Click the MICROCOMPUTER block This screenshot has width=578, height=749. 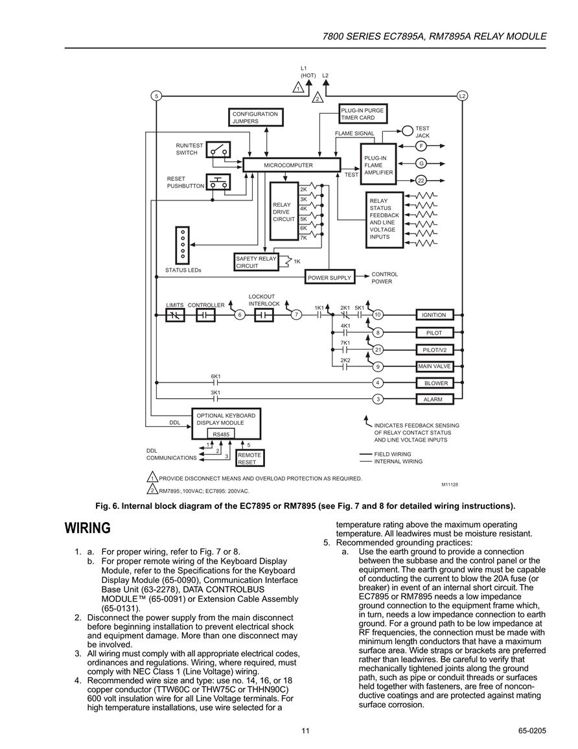[292, 165]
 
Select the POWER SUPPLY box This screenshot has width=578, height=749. [330, 278]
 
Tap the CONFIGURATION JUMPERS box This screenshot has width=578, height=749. [256, 117]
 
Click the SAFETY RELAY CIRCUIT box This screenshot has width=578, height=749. [257, 262]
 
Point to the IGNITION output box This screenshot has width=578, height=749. [434, 315]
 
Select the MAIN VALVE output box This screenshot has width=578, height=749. [434, 366]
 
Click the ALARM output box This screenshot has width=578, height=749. [434, 399]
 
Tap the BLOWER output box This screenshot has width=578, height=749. [434, 383]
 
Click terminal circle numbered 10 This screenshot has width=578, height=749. [378, 315]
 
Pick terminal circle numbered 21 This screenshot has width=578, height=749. [378, 350]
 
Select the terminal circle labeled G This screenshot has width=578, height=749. [421, 163]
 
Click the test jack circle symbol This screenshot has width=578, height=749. [408, 130]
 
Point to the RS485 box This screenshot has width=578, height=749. [221, 434]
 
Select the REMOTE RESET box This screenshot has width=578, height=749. [250, 458]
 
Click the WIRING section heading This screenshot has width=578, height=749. [88, 529]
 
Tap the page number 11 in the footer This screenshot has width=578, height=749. [306, 730]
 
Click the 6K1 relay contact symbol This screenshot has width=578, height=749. [215, 383]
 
